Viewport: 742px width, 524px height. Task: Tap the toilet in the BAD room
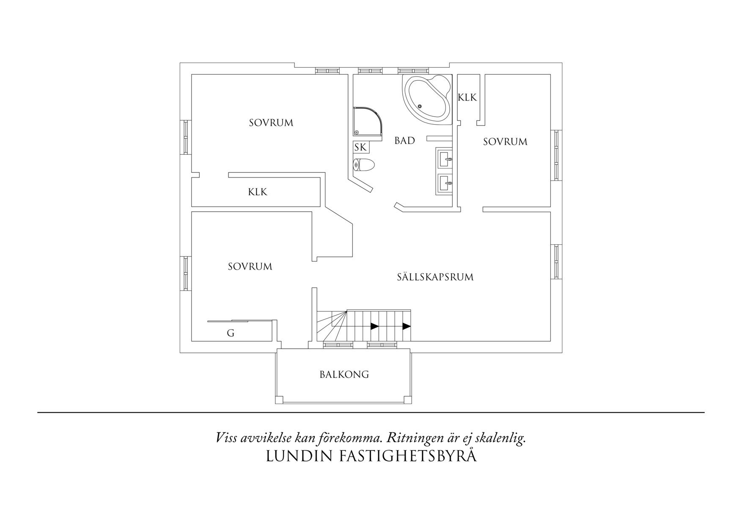[x=363, y=165]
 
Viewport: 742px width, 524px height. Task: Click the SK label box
[x=361, y=147]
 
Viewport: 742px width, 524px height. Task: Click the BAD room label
[x=404, y=141]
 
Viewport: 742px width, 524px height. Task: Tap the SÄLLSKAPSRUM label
[x=435, y=277]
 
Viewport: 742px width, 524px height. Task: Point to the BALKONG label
[x=344, y=374]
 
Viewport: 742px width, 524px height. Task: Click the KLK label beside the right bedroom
[x=467, y=98]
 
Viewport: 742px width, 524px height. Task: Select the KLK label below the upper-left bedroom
[x=258, y=192]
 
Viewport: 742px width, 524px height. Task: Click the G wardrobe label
[x=231, y=333]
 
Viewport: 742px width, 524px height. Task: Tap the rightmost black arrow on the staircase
[x=407, y=326]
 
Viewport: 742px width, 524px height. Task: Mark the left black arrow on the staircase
[x=374, y=326]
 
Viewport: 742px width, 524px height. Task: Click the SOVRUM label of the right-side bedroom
[x=505, y=142]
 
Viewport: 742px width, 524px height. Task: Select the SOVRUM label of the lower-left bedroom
[x=250, y=267]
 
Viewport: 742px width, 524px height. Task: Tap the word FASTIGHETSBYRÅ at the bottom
[x=408, y=456]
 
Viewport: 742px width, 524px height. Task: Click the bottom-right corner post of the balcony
[x=407, y=399]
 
